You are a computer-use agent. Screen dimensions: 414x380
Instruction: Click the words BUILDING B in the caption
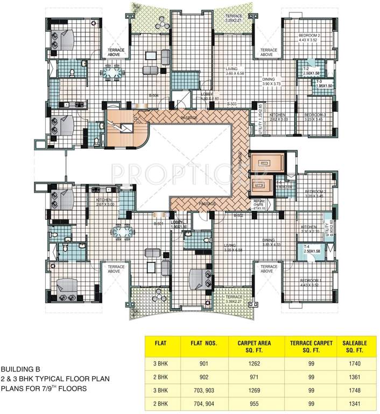tap(21, 370)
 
